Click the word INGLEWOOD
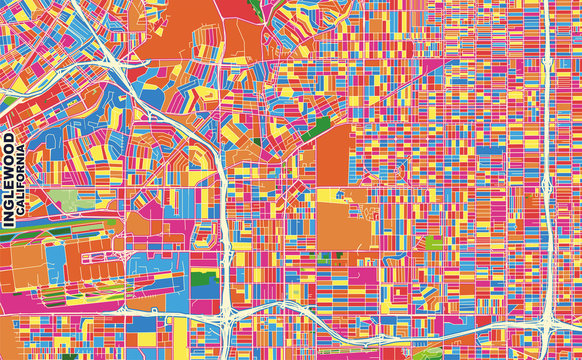coord(9,180)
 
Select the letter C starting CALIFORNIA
coord(21,222)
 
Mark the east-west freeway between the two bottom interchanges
coord(390,322)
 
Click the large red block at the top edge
coord(236,8)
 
